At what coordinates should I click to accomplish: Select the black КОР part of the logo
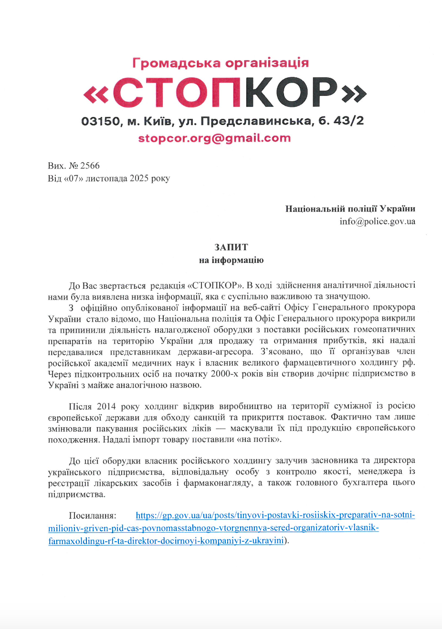pyautogui.click(x=291, y=93)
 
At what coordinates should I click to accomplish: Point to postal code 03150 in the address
pyautogui.click(x=101, y=121)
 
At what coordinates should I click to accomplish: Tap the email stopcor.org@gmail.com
pyautogui.click(x=214, y=138)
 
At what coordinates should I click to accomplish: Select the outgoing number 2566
pyautogui.click(x=90, y=166)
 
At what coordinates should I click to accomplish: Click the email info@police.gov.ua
pyautogui.click(x=377, y=221)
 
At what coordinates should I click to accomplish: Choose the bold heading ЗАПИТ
pyautogui.click(x=231, y=247)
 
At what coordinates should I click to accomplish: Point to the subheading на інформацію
pyautogui.click(x=231, y=260)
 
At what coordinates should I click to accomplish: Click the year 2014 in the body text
pyautogui.click(x=106, y=407)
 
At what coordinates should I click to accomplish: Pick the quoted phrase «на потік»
pyautogui.click(x=258, y=440)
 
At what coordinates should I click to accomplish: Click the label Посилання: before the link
pyautogui.click(x=93, y=516)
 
